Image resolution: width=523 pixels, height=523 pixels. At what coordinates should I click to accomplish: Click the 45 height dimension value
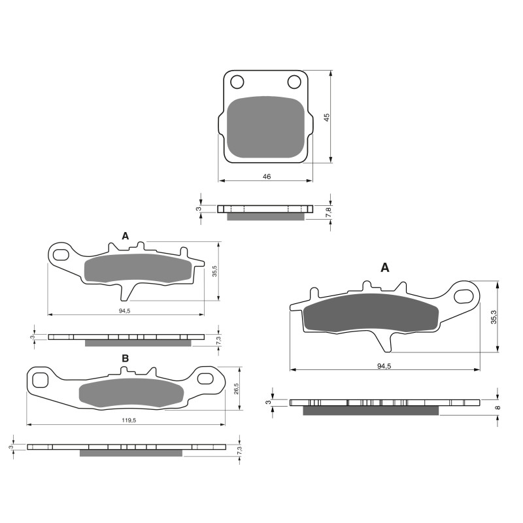[x=327, y=117]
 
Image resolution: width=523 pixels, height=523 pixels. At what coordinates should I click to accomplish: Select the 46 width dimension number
[x=267, y=177]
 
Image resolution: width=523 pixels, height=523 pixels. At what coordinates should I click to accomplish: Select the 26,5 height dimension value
[x=236, y=388]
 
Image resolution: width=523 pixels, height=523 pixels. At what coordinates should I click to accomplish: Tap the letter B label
[x=125, y=358]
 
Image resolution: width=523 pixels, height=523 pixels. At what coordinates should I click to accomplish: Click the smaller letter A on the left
[x=125, y=235]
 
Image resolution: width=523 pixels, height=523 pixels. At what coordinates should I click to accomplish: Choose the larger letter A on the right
[x=385, y=267]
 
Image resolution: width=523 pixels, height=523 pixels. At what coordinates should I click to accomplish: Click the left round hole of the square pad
[x=237, y=82]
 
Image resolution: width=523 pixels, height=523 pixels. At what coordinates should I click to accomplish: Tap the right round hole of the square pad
[x=294, y=82]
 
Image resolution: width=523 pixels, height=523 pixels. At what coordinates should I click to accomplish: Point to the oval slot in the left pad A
[x=62, y=254]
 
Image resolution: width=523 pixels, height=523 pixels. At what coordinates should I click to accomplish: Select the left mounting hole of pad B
[x=41, y=379]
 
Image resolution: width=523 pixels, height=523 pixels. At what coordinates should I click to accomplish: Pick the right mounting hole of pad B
[x=207, y=378]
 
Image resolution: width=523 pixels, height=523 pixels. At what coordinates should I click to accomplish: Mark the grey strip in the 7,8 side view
[x=265, y=216]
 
